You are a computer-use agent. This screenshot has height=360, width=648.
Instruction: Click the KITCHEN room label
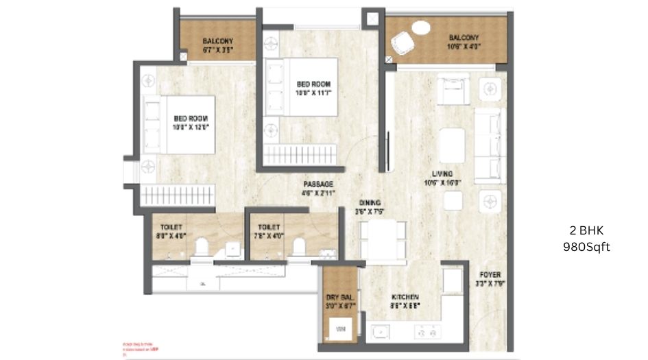(405, 297)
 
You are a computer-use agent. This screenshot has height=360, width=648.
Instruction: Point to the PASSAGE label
(319, 184)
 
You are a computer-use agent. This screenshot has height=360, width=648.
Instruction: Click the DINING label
(370, 203)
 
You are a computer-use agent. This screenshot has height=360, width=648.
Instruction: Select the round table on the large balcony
(419, 28)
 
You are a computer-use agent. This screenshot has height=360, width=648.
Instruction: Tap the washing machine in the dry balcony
(340, 331)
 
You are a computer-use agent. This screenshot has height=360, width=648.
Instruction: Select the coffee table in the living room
(452, 145)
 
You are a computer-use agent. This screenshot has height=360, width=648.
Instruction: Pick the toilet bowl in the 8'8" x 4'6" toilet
(202, 246)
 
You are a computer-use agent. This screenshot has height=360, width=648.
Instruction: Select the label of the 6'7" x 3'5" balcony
(218, 45)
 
